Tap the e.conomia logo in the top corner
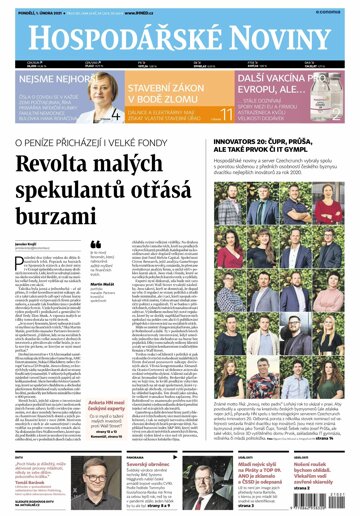pos(334,12)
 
